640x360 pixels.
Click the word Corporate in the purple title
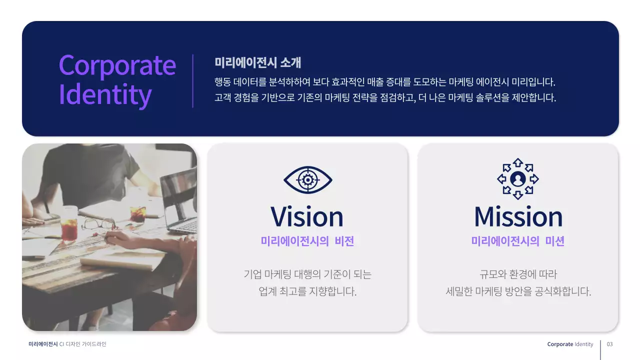117,65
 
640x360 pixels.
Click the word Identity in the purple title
105,94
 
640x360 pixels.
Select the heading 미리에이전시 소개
257,63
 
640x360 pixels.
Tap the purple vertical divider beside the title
193,80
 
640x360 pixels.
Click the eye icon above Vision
307,179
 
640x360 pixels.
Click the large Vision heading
307,216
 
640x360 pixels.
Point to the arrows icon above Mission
518,178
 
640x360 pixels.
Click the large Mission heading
518,216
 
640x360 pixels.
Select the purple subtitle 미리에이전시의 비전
307,241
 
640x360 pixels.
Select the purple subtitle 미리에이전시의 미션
518,241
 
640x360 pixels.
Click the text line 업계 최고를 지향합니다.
307,291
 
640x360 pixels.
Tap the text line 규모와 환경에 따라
518,274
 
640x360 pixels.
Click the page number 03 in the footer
609,344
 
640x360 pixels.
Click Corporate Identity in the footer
570,344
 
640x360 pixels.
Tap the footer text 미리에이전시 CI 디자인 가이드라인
67,344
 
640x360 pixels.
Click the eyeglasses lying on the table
98,223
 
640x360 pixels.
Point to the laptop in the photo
179,200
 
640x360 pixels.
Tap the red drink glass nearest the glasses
69,229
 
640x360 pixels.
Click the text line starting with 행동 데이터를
384,81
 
